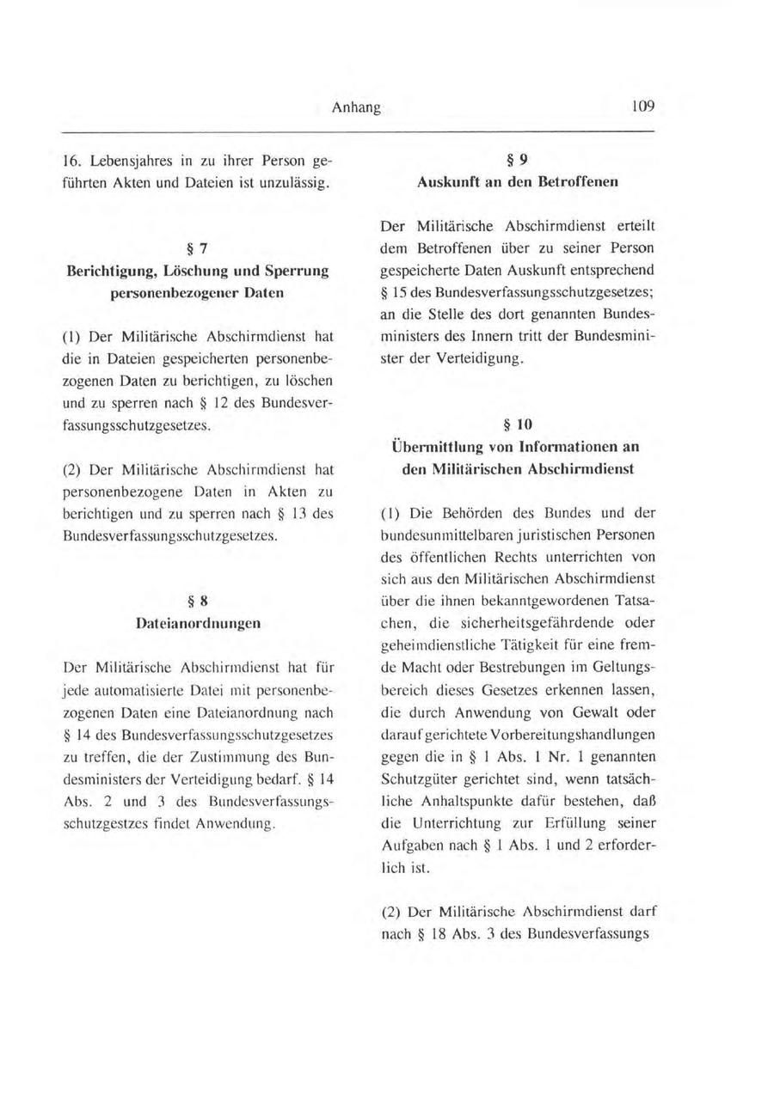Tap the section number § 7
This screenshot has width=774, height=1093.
pyautogui.click(x=198, y=249)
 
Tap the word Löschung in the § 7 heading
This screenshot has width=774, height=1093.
pyautogui.click(x=187, y=272)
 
